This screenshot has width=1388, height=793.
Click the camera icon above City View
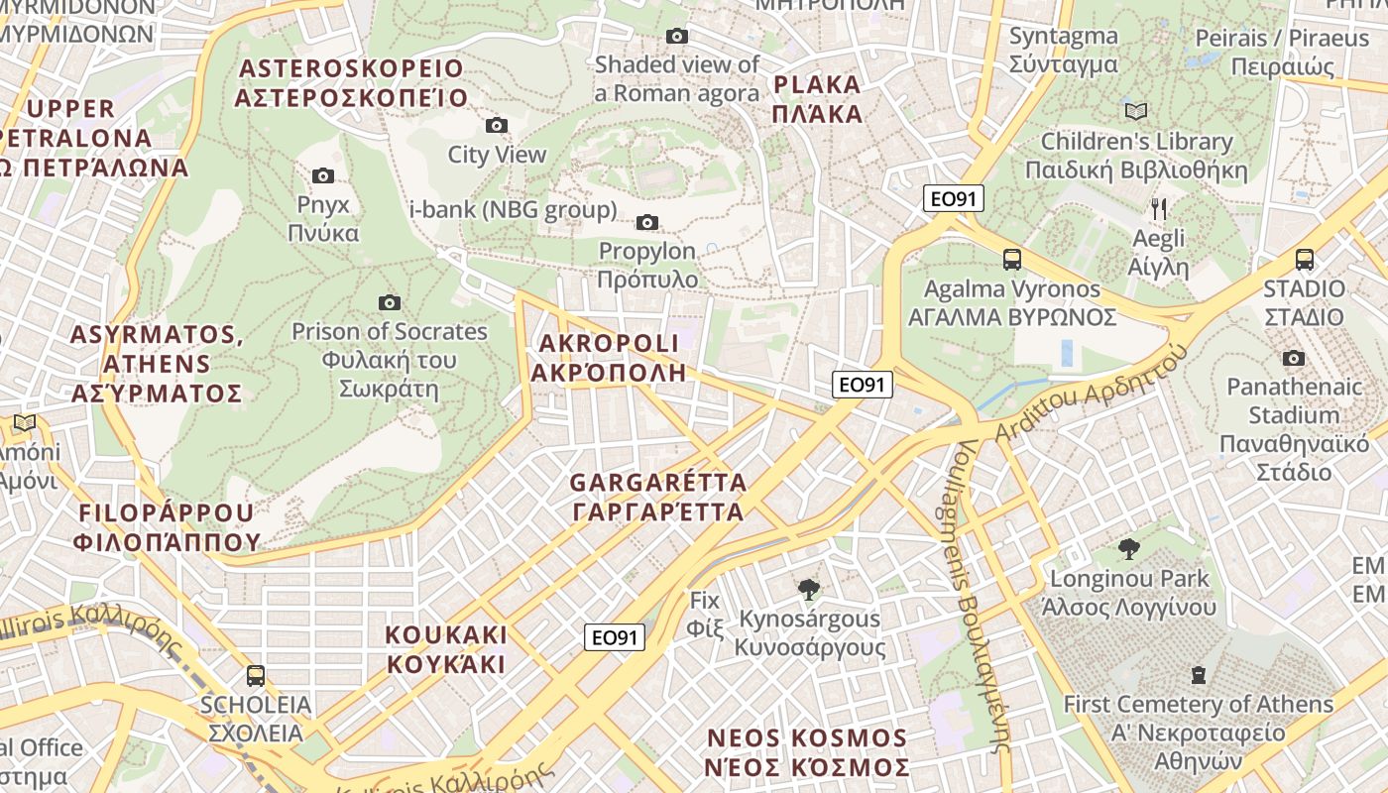coord(497,125)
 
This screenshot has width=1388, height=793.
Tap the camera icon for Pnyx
coord(322,175)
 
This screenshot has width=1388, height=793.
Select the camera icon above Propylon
coord(647,222)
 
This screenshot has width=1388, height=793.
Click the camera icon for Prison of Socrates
coord(390,302)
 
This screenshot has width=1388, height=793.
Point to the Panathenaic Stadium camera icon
coord(1293,358)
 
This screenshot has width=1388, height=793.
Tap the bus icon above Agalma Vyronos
coord(1011,260)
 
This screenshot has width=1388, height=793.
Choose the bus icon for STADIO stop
coord(1304,260)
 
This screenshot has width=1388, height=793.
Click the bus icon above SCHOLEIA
coord(255,676)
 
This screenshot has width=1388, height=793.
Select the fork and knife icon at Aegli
coord(1158,209)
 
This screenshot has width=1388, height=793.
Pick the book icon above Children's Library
coord(1135,111)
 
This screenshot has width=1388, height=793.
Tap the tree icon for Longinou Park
coord(1128,548)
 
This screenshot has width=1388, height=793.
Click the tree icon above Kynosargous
coord(809,589)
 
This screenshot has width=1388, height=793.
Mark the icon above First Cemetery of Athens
coord(1198,675)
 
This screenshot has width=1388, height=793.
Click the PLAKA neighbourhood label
coord(817,98)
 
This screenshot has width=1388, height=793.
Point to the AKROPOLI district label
coord(608,358)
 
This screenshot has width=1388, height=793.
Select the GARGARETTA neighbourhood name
coord(657,498)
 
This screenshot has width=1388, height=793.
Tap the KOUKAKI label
coord(446,649)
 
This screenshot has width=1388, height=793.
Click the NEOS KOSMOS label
coord(807,753)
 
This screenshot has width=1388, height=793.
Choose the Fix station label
coord(705,614)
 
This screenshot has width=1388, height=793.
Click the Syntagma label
coord(1063,51)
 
